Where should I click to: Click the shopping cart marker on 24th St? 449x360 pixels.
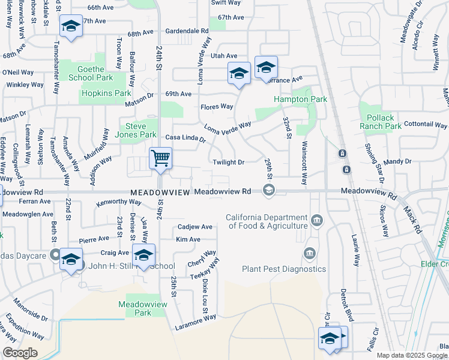160,159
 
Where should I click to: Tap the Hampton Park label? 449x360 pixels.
300,99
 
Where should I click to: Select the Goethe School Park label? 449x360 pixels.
91,73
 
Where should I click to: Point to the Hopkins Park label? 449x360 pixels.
106,94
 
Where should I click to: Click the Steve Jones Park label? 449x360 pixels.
140,130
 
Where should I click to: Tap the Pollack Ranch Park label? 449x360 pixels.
381,122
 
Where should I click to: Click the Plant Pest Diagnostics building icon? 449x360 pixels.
310,253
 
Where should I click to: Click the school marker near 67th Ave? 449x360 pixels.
71,27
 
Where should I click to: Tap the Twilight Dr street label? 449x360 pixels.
229,163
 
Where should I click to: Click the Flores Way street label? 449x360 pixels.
216,107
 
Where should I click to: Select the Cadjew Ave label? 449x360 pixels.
194,227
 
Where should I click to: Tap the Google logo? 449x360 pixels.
20,353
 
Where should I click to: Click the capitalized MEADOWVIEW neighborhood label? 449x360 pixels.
160,192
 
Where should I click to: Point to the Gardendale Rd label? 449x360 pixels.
187,30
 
